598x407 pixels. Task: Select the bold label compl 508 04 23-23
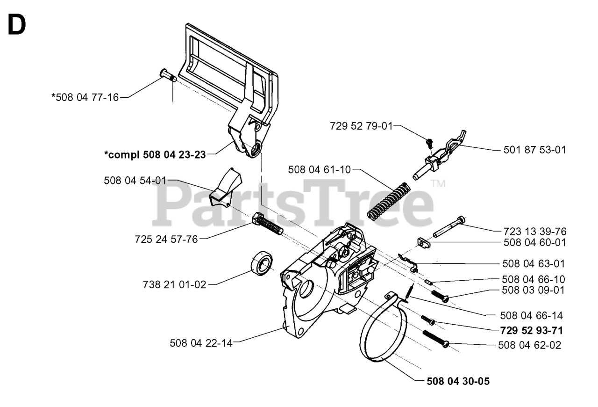tap(155, 155)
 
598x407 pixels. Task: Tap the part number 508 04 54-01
tap(135, 181)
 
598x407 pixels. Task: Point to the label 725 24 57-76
tap(166, 239)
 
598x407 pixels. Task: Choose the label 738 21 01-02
tap(174, 284)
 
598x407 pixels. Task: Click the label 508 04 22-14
tap(201, 343)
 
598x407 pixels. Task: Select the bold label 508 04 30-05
tap(458, 381)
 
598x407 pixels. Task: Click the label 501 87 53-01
tap(535, 150)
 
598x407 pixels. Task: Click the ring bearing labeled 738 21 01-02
tap(263, 263)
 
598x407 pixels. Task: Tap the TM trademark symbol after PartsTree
tap(437, 184)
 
